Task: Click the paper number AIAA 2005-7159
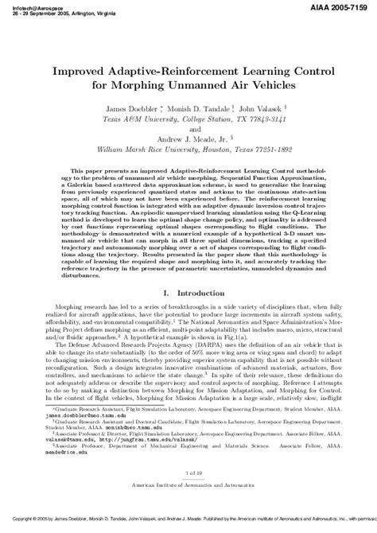click(x=341, y=6)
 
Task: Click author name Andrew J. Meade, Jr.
click(x=191, y=136)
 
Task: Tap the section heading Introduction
click(x=199, y=294)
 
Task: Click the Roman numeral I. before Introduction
click(x=165, y=294)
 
